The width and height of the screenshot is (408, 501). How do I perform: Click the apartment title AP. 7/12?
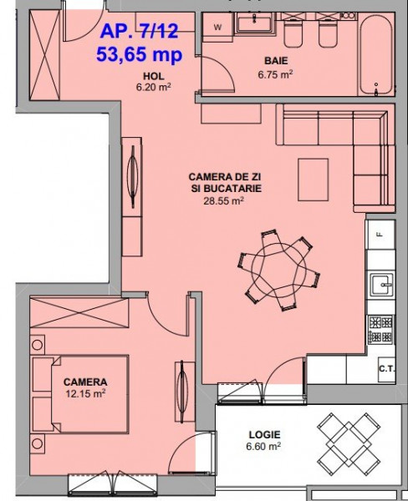coord(139,32)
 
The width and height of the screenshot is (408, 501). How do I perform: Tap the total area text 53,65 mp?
coord(140,54)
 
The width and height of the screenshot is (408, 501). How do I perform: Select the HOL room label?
coord(154,76)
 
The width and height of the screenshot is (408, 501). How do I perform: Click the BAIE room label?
coord(276,60)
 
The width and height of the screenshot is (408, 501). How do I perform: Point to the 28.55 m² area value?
coord(224,201)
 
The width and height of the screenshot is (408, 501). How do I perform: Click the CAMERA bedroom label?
coord(85,382)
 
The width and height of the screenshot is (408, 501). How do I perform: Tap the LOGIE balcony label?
coord(265,434)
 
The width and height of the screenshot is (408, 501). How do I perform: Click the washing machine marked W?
coord(217,28)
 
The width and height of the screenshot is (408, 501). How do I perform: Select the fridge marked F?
coord(380,234)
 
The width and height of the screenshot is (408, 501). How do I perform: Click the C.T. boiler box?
coord(386,369)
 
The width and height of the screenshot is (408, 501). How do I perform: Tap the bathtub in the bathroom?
coord(375,54)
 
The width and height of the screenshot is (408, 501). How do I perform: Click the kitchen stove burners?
coord(380,330)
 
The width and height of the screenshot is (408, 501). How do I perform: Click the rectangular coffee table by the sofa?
coord(313,180)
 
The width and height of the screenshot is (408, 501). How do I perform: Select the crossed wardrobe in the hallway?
coord(44,55)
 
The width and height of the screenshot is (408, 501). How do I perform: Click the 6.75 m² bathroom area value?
coord(276,74)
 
